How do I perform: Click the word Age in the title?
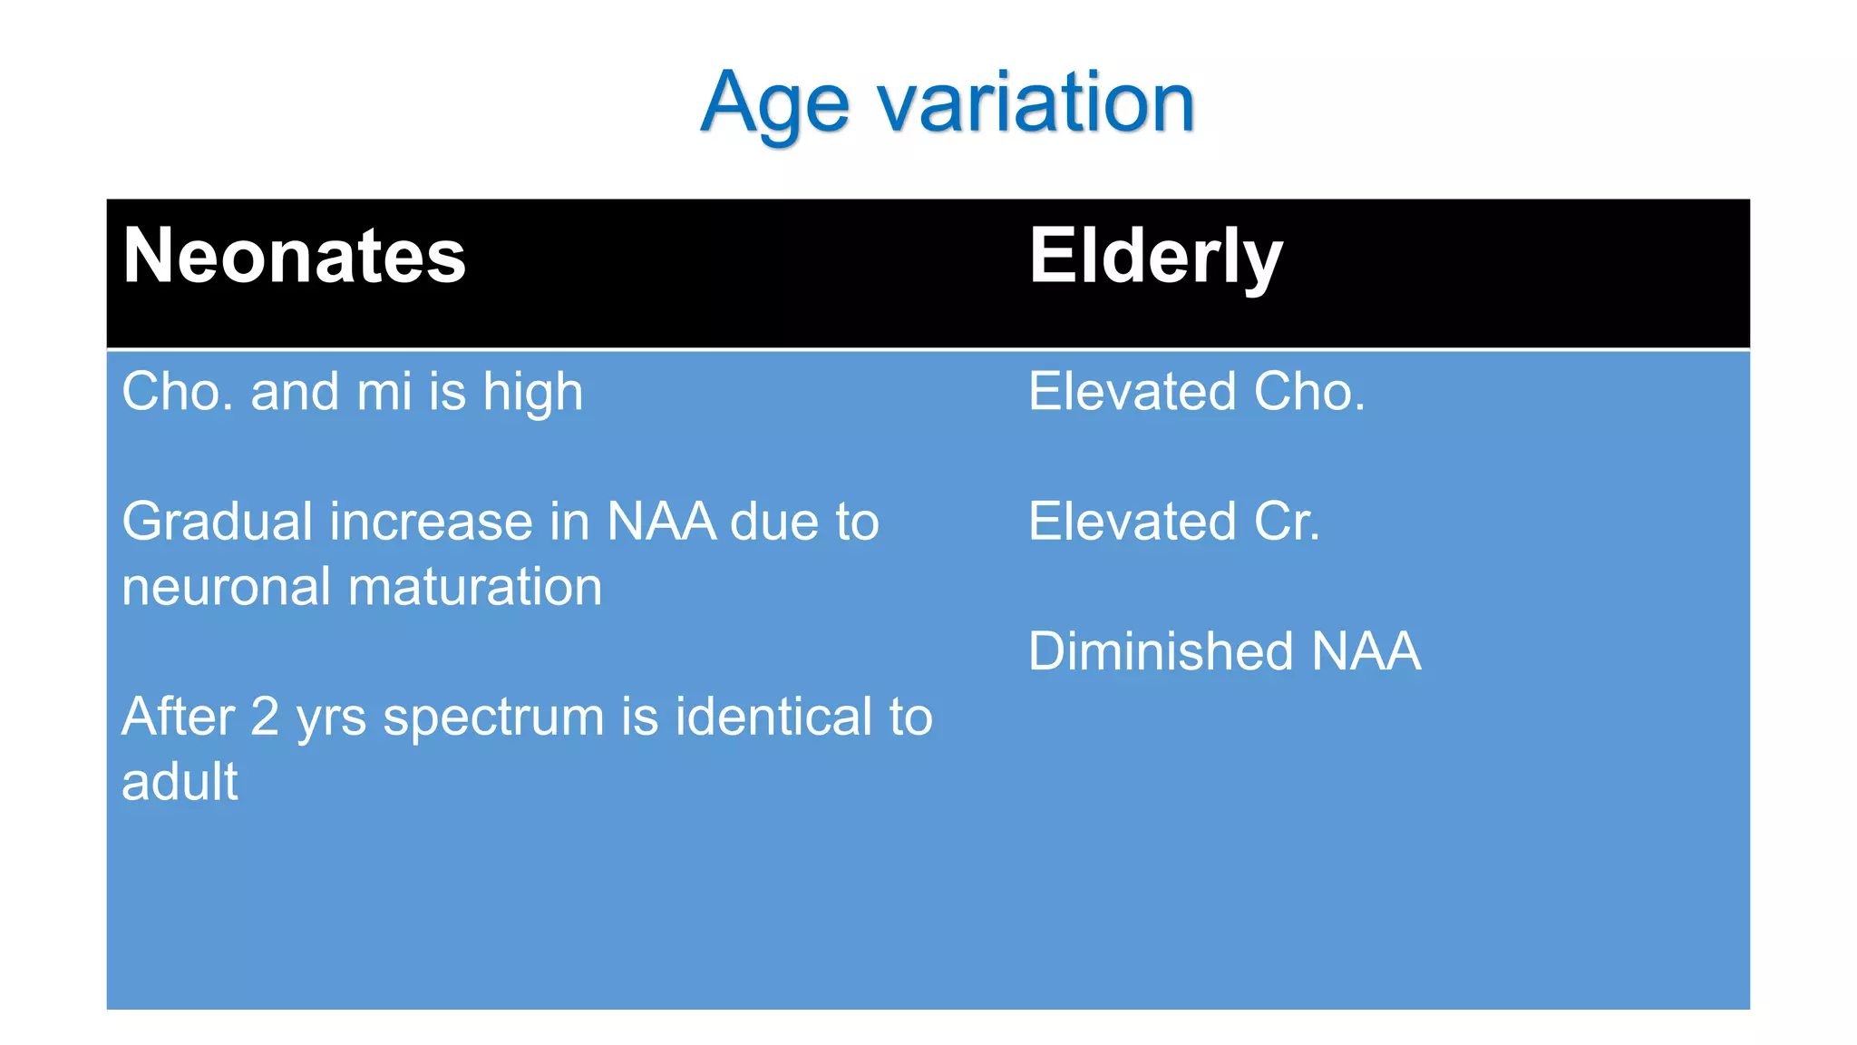coord(775,104)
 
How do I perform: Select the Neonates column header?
coord(294,256)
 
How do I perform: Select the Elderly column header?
coord(1155,256)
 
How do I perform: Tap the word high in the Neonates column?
coord(532,393)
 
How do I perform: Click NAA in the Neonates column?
coord(661,522)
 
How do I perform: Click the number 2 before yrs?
coord(264,717)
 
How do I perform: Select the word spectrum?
coord(493,718)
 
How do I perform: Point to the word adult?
coord(180,782)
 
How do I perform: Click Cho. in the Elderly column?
coord(1308,393)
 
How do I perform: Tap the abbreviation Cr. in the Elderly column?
coord(1286,522)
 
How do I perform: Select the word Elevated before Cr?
coord(1132,522)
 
